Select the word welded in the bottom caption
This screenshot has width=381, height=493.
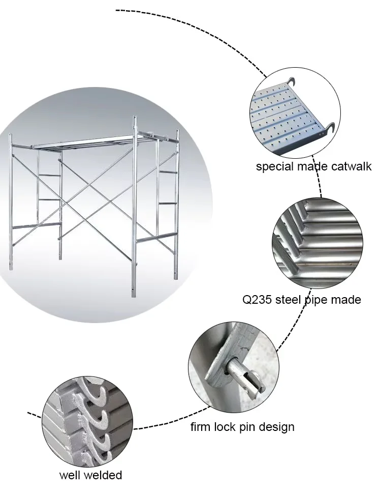pyautogui.click(x=104, y=475)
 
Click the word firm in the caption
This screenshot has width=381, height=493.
pyautogui.click(x=201, y=426)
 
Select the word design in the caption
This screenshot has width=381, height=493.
pyautogui.click(x=277, y=426)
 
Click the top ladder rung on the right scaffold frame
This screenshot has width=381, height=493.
pyautogui.click(x=168, y=172)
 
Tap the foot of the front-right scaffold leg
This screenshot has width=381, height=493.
pyautogui.click(x=135, y=295)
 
